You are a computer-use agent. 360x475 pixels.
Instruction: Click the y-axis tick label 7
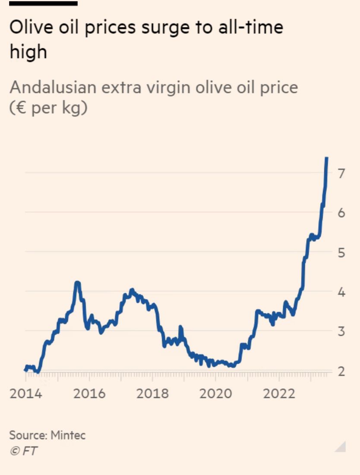pos(341,174)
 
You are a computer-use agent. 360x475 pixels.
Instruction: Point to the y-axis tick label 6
pos(341,213)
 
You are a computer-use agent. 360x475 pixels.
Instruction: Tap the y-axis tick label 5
pos(341,253)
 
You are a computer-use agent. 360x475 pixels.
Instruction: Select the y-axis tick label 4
pos(341,292)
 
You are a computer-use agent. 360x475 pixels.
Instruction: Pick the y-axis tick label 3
pos(341,332)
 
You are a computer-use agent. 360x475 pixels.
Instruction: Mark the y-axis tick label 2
pos(341,371)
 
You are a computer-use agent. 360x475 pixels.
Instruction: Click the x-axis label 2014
pos(26,394)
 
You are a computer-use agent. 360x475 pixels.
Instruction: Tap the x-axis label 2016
pos(89,394)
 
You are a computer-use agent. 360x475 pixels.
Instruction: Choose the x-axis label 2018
pos(153,394)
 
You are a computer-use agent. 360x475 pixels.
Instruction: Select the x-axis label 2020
pos(216,394)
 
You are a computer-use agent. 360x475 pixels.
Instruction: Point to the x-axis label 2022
pos(279,394)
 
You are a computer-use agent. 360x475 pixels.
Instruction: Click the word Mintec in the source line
pos(68,435)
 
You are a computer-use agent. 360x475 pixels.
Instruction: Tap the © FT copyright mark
pos(23,451)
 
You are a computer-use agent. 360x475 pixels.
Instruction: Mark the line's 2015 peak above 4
pos(77,283)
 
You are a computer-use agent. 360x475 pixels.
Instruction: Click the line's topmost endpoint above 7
pos(327,158)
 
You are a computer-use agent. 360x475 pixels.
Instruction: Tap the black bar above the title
pos(43,3)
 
